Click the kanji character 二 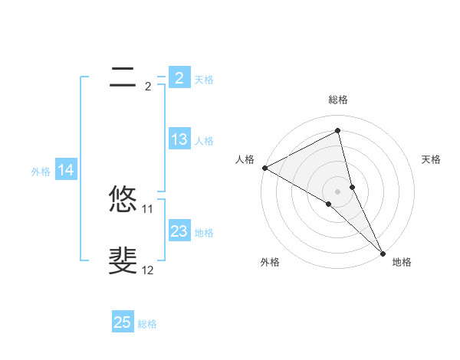[123, 77]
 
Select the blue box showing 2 [179, 77]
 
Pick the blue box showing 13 [179, 139]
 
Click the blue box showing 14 [66, 171]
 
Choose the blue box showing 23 [179, 231]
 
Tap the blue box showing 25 [123, 322]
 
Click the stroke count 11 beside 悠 [148, 208]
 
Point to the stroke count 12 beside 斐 [148, 270]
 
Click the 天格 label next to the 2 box [204, 79]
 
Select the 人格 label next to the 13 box [204, 141]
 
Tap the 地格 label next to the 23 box [204, 233]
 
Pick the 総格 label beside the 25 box [147, 324]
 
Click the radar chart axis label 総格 [338, 100]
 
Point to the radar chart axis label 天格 [432, 159]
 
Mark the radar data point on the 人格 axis [264, 167]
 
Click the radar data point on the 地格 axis [383, 251]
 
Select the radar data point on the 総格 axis [338, 130]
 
